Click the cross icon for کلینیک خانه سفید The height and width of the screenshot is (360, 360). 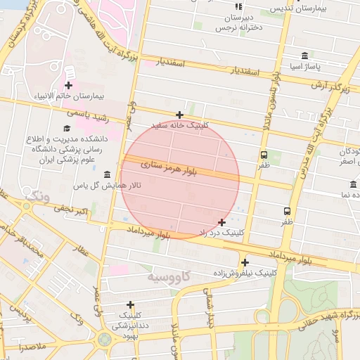(x=179, y=115)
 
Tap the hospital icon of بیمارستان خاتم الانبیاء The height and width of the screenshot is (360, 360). (x=68, y=85)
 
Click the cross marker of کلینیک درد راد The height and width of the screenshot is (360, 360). (x=222, y=222)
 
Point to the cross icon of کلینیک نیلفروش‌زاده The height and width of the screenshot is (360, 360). (x=244, y=262)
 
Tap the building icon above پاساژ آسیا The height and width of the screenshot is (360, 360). (x=304, y=56)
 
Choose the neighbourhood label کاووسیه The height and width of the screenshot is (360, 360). (x=169, y=276)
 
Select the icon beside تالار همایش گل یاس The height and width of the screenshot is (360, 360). (x=107, y=174)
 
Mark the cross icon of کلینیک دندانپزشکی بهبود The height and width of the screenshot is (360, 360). (x=130, y=304)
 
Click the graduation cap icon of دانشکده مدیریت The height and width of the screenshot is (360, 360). (x=67, y=129)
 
